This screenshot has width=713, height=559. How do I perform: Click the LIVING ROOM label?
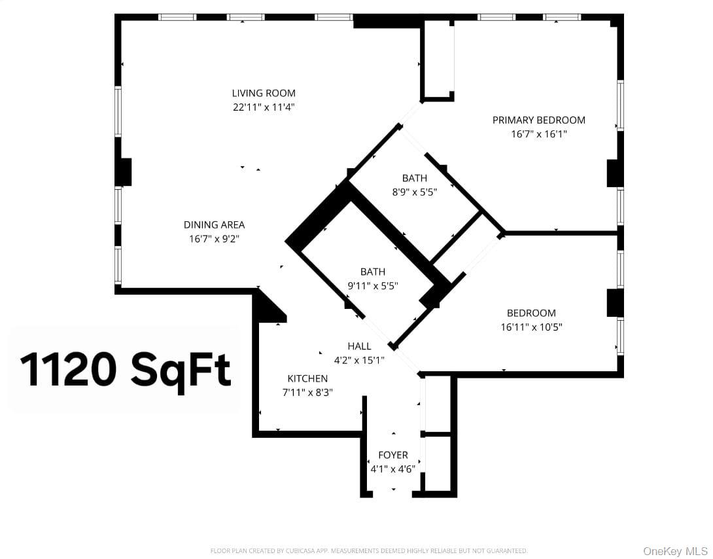(264, 93)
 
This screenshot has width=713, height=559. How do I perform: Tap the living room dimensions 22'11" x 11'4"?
(264, 107)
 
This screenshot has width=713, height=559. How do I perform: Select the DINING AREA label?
(214, 225)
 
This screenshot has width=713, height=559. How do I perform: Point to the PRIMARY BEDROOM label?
(538, 120)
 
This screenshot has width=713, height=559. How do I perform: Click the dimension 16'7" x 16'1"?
(538, 134)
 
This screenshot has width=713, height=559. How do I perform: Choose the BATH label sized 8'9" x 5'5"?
(415, 178)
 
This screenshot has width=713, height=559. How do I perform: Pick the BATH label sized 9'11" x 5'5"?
(373, 272)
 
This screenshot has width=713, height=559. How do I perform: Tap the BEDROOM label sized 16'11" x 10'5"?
(531, 313)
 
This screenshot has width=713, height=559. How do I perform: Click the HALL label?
(359, 346)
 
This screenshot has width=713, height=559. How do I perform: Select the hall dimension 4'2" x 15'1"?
(359, 360)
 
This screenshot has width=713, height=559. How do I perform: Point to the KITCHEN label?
(307, 378)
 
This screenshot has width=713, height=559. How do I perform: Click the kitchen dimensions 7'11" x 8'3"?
(307, 392)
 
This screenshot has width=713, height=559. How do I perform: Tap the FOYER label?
(393, 455)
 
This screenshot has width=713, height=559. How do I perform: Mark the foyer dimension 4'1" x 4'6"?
(393, 469)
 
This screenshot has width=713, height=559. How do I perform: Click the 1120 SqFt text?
(126, 370)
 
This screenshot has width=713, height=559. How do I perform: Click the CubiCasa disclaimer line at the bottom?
(368, 551)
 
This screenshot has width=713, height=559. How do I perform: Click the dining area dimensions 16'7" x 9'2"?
(214, 239)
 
